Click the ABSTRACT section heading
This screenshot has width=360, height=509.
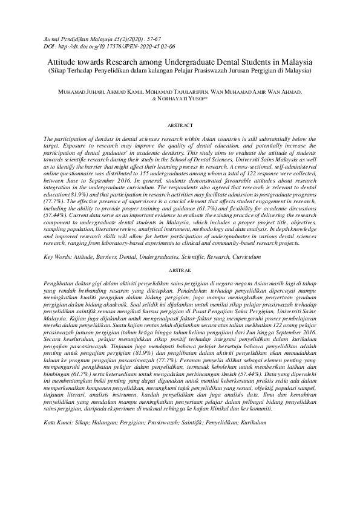[x=179, y=125]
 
